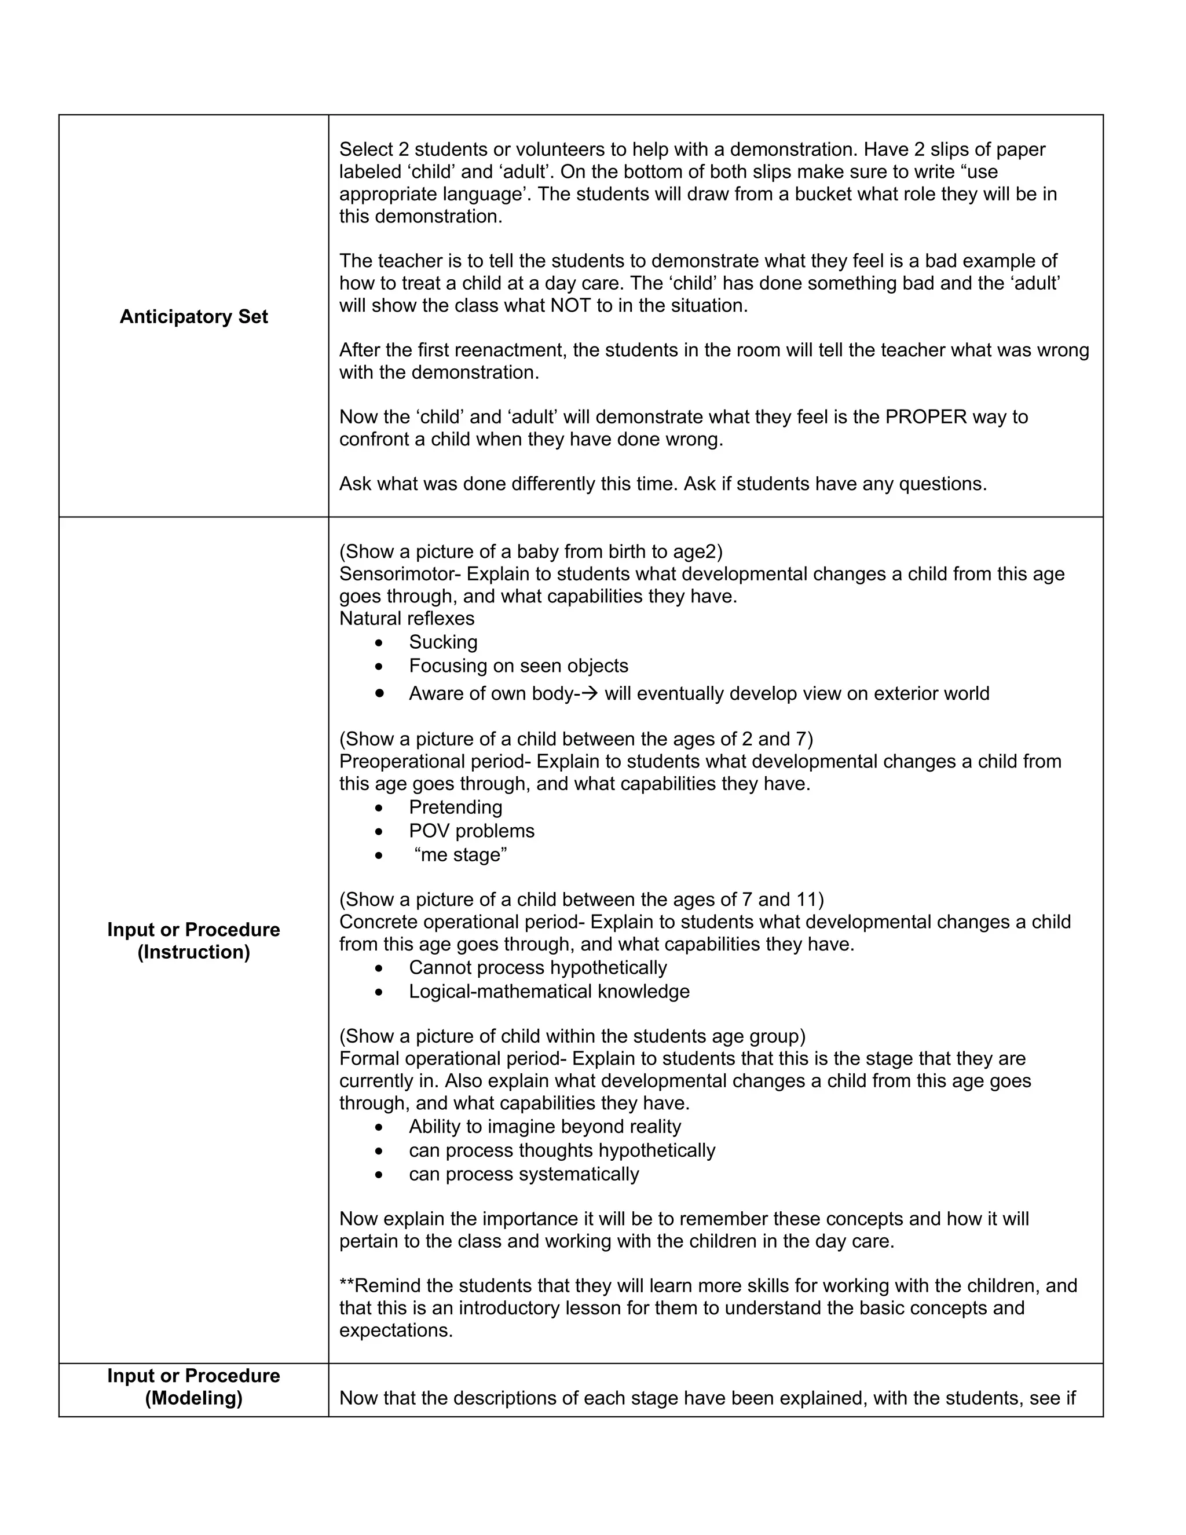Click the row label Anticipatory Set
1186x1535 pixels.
click(x=193, y=317)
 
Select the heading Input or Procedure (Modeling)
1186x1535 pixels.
click(x=193, y=1387)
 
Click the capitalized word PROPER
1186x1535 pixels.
click(x=925, y=417)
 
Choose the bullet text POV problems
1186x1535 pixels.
click(x=471, y=831)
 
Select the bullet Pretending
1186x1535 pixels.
click(x=455, y=807)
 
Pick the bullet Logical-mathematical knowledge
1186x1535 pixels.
click(x=549, y=992)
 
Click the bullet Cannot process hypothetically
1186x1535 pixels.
click(x=537, y=968)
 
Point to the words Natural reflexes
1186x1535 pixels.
click(x=407, y=619)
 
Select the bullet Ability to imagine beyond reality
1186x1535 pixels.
click(x=544, y=1127)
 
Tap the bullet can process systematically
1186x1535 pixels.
click(x=524, y=1175)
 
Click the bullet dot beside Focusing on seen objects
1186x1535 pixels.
click(x=379, y=666)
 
